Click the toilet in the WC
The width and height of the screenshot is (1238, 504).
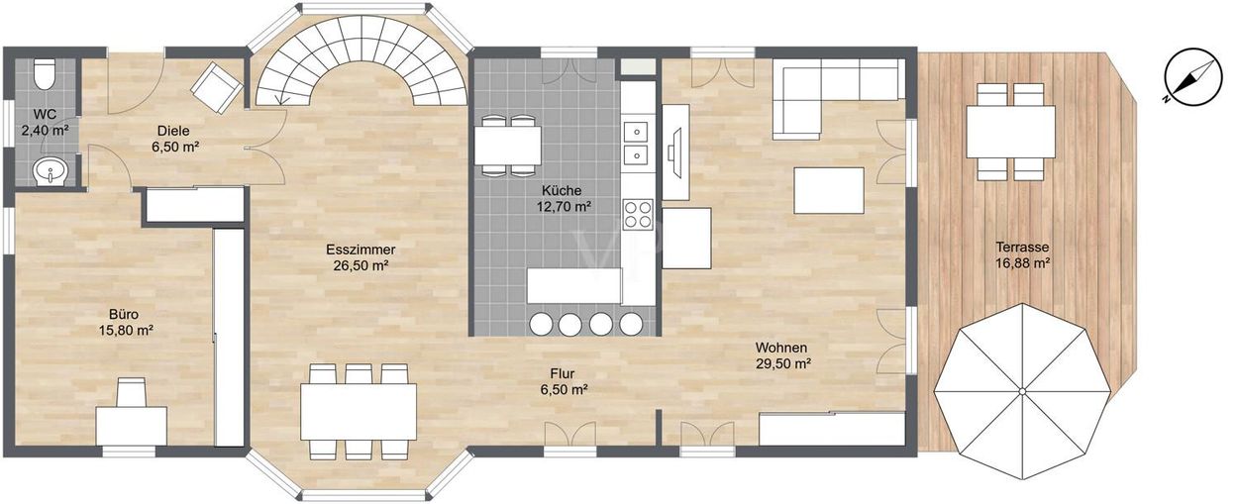click(x=45, y=74)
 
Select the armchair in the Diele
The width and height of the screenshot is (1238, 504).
click(x=216, y=87)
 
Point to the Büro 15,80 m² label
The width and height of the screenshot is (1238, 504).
click(x=125, y=322)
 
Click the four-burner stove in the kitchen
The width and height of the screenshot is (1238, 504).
click(x=638, y=214)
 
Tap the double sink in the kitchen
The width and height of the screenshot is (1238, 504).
click(x=637, y=144)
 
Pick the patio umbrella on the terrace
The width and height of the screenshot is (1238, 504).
click(x=1022, y=391)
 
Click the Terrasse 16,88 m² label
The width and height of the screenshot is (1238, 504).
click(x=1022, y=254)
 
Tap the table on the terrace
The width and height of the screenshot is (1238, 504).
click(x=1010, y=132)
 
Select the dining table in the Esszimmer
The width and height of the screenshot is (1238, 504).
click(x=359, y=411)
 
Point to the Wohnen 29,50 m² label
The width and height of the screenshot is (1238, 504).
click(x=782, y=355)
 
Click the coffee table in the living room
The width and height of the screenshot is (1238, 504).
click(x=829, y=190)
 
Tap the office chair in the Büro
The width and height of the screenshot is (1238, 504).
click(x=132, y=392)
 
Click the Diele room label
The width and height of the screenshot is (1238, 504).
click(x=174, y=139)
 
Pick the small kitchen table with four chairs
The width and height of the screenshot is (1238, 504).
click(x=507, y=146)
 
